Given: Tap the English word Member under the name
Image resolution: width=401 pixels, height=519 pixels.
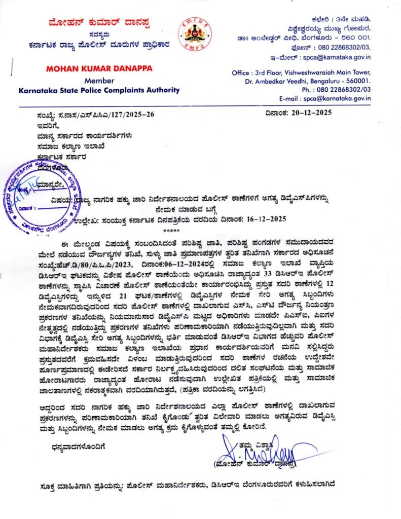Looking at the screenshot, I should pos(99,81).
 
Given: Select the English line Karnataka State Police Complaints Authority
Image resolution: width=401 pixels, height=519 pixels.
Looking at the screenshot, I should pos(99,90).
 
